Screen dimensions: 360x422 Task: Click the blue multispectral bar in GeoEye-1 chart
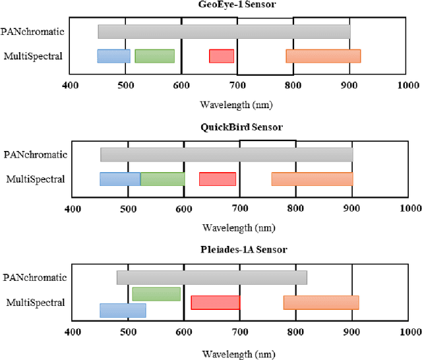(x=113, y=56)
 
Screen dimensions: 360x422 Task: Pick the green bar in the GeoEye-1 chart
(x=154, y=56)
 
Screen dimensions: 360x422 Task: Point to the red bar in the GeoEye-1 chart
(x=222, y=56)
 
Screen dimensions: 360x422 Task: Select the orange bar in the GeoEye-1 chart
(x=323, y=56)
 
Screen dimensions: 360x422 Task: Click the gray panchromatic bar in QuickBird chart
(x=226, y=154)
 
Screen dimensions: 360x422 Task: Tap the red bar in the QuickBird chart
(x=218, y=179)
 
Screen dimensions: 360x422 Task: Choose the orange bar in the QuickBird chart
(x=312, y=179)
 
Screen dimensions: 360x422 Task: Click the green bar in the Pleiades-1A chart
(x=156, y=294)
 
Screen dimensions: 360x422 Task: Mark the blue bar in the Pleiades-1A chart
(x=123, y=311)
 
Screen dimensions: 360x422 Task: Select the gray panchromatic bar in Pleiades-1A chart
(x=212, y=278)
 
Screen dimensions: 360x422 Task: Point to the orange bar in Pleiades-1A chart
(x=321, y=303)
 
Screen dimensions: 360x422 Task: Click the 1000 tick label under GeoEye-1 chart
(x=408, y=85)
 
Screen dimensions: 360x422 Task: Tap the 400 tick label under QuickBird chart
(x=72, y=208)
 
